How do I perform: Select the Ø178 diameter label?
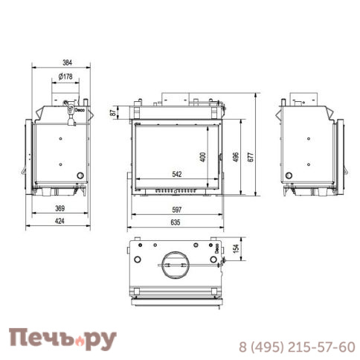(x=65, y=77)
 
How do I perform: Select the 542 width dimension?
(x=176, y=174)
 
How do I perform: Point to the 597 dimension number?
(x=176, y=208)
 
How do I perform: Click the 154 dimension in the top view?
(x=236, y=250)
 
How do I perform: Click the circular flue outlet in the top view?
(x=176, y=263)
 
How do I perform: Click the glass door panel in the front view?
(x=176, y=152)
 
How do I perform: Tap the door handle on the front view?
(x=222, y=155)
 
